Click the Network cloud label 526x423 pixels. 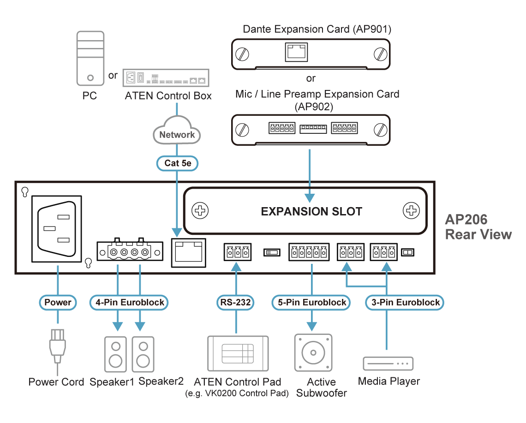tap(177, 135)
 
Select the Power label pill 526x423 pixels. tap(58, 303)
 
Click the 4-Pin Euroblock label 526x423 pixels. tap(129, 303)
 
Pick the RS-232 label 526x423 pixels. tap(236, 303)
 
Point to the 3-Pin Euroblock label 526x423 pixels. tap(405, 303)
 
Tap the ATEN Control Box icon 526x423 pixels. tap(166, 78)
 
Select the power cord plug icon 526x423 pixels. tap(57, 346)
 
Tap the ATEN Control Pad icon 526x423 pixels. tap(238, 353)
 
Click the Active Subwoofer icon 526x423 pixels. tap(313, 353)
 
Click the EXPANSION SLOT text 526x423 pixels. tap(311, 212)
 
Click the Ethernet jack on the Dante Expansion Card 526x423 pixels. tap(295, 52)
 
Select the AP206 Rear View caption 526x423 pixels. tap(478, 226)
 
